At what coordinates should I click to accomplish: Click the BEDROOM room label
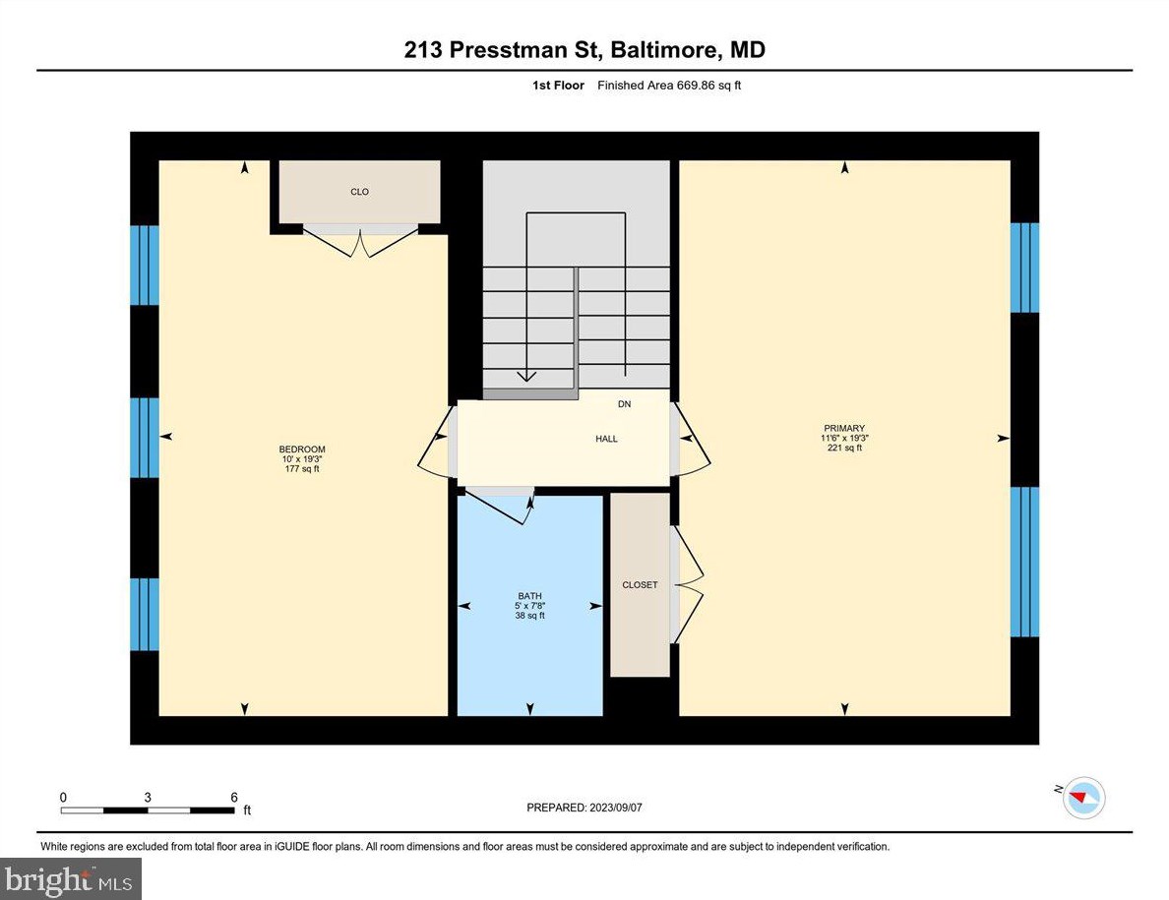point(301,450)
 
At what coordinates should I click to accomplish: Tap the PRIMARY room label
point(844,428)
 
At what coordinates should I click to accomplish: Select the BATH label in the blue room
point(529,595)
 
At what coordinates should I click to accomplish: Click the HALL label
point(606,439)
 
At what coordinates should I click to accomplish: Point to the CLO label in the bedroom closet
point(359,192)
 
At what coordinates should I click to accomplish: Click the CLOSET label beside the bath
point(640,585)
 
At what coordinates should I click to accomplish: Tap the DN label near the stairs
point(624,404)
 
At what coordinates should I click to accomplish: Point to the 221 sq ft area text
point(844,448)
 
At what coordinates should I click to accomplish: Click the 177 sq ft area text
point(301,469)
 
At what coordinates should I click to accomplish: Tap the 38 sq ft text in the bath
point(529,616)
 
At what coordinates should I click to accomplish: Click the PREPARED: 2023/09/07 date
point(584,808)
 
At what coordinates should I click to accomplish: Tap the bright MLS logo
point(71,878)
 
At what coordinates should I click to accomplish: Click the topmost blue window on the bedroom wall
point(145,266)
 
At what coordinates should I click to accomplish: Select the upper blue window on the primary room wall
point(1024,268)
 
